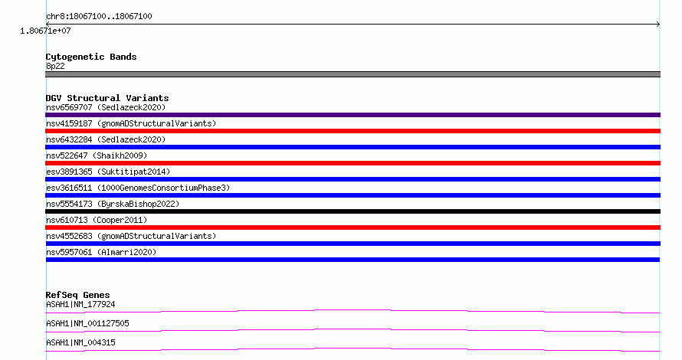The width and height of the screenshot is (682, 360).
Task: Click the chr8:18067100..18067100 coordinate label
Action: pos(99,17)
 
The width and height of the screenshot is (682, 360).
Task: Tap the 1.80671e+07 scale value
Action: pos(45,31)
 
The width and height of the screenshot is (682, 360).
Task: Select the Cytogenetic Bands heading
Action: pos(91,57)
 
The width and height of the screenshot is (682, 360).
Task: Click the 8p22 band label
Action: pos(55,66)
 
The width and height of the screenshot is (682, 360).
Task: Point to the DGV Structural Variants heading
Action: pos(107,98)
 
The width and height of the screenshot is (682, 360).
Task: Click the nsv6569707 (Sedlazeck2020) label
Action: pos(106,107)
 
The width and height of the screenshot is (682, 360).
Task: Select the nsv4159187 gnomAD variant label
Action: pos(131,123)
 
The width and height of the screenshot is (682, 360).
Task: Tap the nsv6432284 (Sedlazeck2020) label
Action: pos(106,139)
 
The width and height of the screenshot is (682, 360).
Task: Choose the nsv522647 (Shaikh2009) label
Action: pos(97,155)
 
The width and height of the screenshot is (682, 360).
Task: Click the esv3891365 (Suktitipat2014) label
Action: pos(108,172)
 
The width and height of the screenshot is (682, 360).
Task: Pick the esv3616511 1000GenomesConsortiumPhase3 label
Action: pos(138,188)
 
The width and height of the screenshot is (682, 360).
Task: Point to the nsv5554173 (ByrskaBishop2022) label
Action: pos(113,204)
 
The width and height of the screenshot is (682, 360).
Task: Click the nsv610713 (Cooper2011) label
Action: pos(97,220)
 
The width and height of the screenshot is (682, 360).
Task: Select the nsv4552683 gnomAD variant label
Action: pos(131,236)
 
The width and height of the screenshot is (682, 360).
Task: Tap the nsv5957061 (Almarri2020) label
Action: pos(101,252)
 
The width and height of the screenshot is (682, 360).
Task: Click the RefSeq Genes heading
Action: pos(77,295)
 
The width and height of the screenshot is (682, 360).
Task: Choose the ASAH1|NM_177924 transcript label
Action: pos(80,304)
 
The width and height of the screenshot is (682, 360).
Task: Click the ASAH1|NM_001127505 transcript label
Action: pos(87,323)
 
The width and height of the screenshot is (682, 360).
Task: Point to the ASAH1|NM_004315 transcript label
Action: pos(80,342)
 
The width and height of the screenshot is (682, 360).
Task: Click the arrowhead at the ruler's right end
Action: pos(658,25)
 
